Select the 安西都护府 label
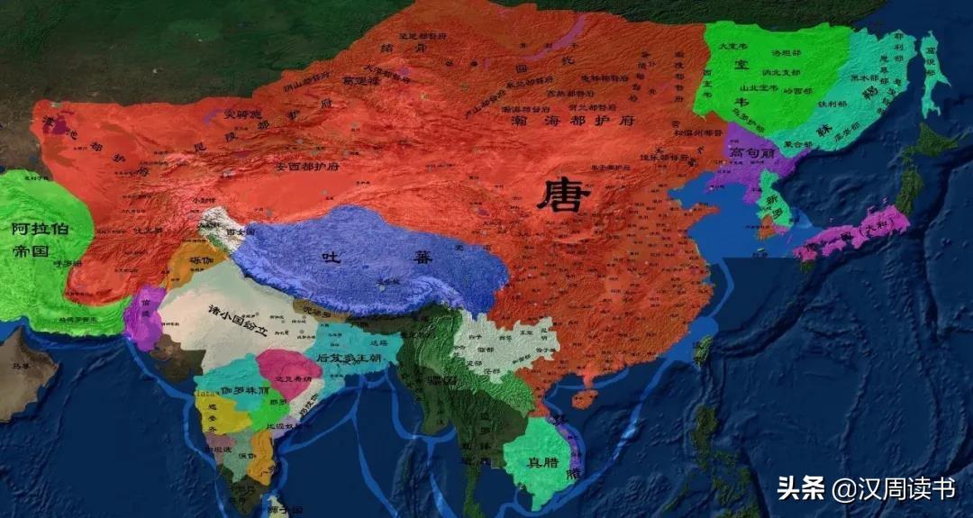[x=281, y=167]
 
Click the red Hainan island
[x=586, y=397]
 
